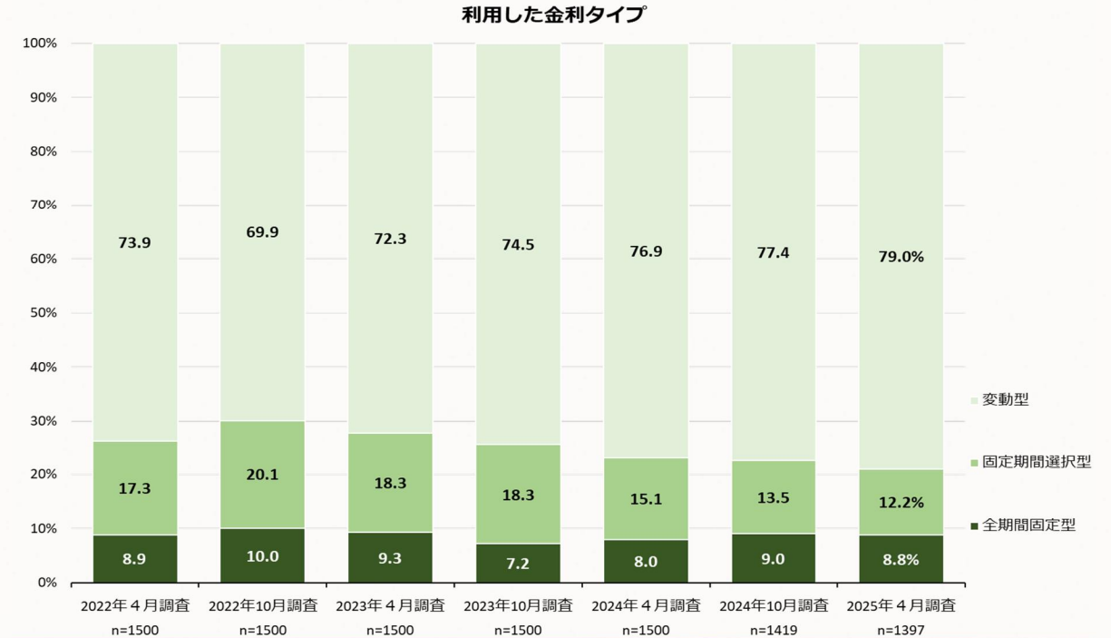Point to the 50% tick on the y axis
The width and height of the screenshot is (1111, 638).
pyautogui.click(x=40, y=313)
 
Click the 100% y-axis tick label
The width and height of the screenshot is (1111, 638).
pyautogui.click(x=39, y=44)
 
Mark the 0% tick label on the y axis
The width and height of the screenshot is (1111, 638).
pyautogui.click(x=46, y=583)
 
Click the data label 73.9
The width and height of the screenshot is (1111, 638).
pyautogui.click(x=134, y=242)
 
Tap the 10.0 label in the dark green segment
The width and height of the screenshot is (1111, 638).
pyautogui.click(x=262, y=556)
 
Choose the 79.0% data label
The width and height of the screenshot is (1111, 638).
pyautogui.click(x=901, y=257)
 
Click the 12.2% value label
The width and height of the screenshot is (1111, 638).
pyautogui.click(x=901, y=502)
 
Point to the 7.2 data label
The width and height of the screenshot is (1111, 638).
pyautogui.click(x=518, y=564)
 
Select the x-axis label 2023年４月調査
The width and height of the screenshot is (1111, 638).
pyautogui.click(x=390, y=605)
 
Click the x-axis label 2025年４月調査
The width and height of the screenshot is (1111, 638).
pyautogui.click(x=901, y=605)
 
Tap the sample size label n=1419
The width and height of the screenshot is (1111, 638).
pyautogui.click(x=773, y=629)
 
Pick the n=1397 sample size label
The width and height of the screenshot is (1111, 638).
pyautogui.click(x=901, y=629)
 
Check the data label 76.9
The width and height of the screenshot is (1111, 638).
pyautogui.click(x=646, y=251)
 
